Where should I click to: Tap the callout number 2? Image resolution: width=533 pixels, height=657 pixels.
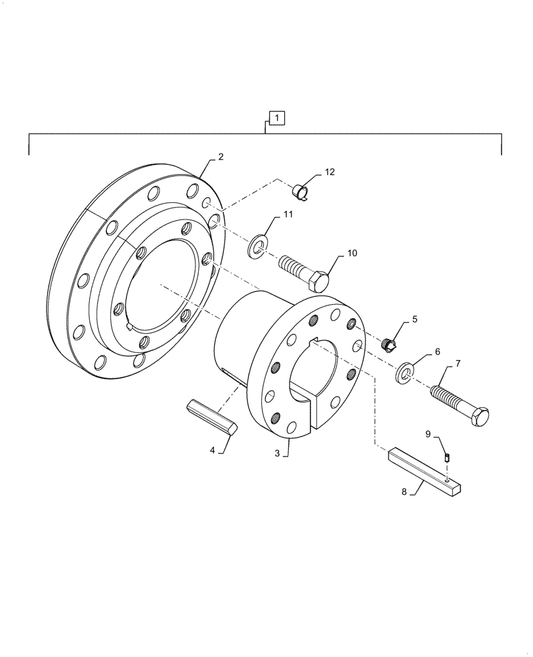pyautogui.click(x=221, y=157)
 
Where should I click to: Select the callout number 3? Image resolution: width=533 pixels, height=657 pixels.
pyautogui.click(x=277, y=453)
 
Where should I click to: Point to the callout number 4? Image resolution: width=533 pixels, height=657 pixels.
pyautogui.click(x=213, y=450)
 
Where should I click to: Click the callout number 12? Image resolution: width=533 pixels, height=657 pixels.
pyautogui.click(x=329, y=172)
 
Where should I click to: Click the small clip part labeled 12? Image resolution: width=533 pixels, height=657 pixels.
pyautogui.click(x=302, y=192)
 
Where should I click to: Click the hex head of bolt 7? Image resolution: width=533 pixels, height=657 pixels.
pyautogui.click(x=479, y=417)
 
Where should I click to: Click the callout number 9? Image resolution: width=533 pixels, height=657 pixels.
pyautogui.click(x=428, y=434)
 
